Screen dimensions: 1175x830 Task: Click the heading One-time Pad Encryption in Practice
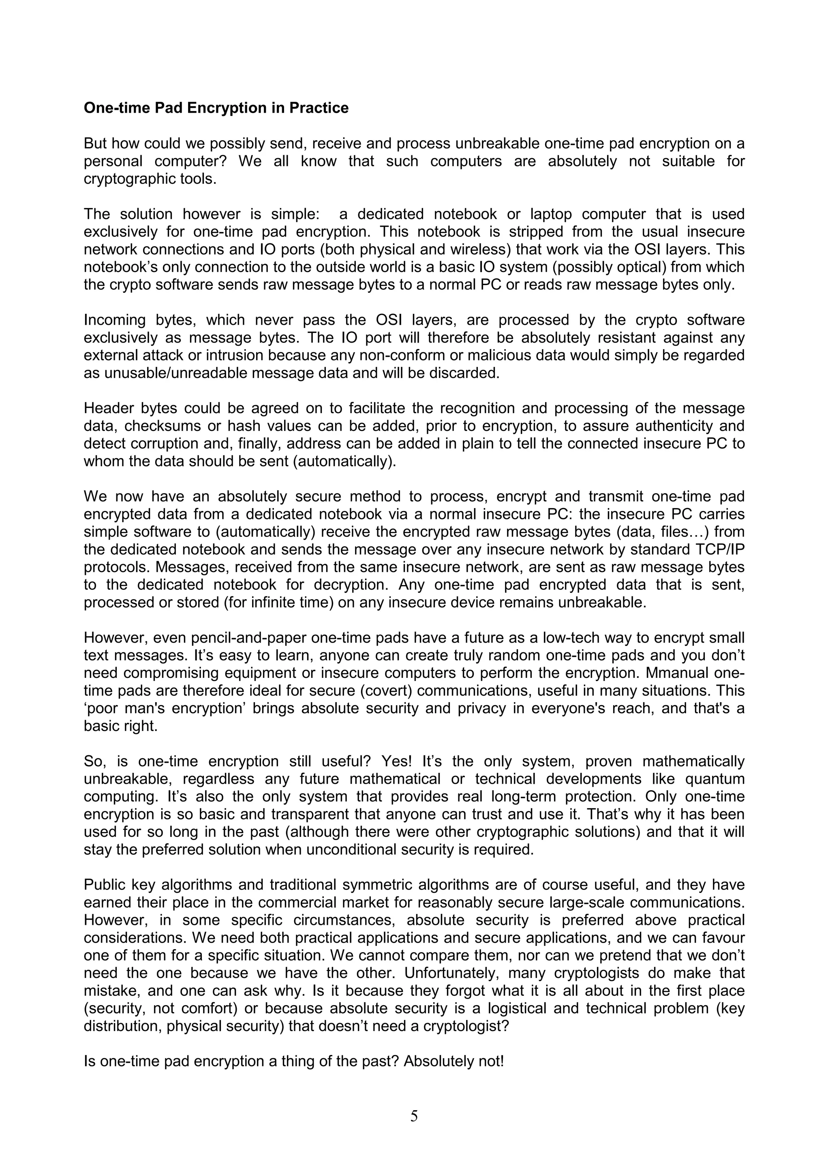coord(216,108)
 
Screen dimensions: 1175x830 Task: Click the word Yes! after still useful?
coord(396,761)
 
